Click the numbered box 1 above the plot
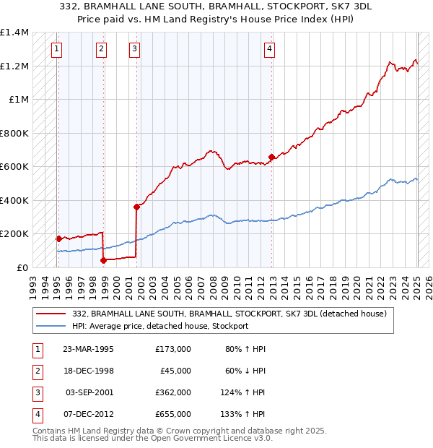(56, 49)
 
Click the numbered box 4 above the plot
(269, 49)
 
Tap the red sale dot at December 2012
(271, 157)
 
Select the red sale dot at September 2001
(136, 207)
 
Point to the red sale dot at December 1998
(103, 260)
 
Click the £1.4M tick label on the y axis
(14, 33)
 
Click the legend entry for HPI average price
(160, 326)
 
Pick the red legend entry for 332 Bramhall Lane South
(230, 314)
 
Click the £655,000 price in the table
(173, 414)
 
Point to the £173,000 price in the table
(173, 349)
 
